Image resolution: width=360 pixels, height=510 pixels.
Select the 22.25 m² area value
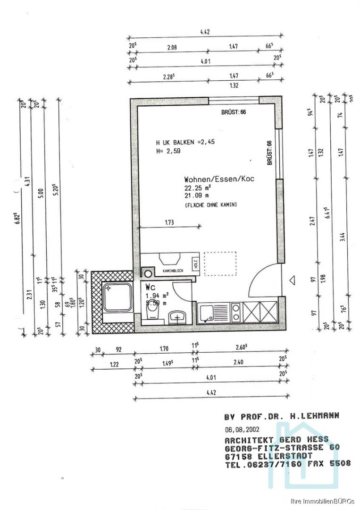(197, 187)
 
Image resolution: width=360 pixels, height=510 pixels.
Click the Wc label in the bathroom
(151, 287)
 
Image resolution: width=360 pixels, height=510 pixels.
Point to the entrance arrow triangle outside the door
(293, 280)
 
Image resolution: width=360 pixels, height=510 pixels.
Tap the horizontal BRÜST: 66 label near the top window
(234, 112)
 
